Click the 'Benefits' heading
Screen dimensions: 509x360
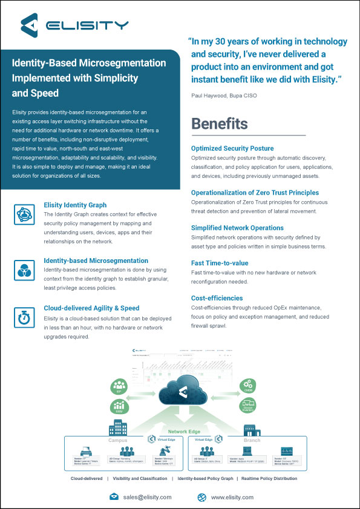point(219,123)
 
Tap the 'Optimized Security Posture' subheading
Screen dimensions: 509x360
point(232,148)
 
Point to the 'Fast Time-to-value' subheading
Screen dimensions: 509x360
point(220,263)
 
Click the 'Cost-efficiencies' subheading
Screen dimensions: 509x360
point(217,298)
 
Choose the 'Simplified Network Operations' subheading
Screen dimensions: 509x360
point(237,228)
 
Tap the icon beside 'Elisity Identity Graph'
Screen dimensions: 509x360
point(24,214)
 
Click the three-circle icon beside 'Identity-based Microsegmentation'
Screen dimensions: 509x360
point(24,268)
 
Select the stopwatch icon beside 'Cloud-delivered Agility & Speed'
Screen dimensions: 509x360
point(24,316)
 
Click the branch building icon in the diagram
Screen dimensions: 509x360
point(251,430)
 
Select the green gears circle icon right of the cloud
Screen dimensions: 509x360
point(247,384)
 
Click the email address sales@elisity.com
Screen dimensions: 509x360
point(148,497)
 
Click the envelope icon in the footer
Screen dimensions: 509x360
point(114,497)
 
